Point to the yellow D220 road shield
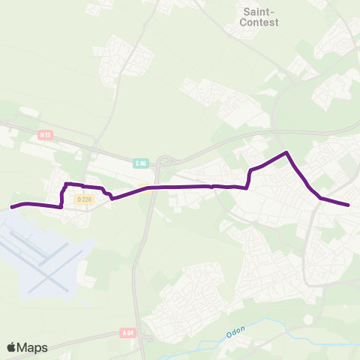[x=82, y=199]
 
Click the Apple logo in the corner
[x=11, y=347]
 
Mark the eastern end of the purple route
[x=349, y=205]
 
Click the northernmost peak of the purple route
[x=286, y=153]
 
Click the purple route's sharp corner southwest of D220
[x=61, y=206]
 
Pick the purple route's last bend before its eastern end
[x=321, y=198]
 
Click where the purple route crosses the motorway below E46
[x=149, y=187]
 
